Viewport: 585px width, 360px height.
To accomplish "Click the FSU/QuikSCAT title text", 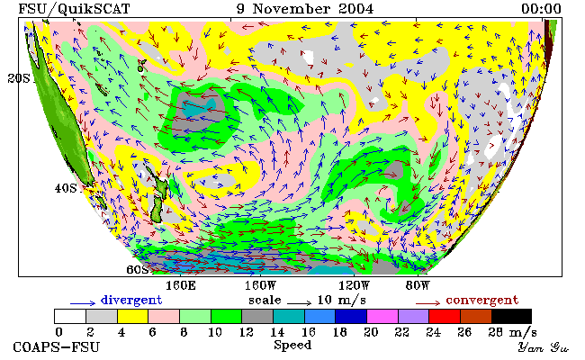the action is point(74,9).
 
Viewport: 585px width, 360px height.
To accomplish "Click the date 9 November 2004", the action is point(305,9).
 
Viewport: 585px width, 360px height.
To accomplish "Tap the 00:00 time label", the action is point(541,9).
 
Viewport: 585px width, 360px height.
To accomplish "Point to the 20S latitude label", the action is point(19,78).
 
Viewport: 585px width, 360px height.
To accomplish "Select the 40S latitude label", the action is point(66,188).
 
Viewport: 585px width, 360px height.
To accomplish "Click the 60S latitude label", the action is point(138,269).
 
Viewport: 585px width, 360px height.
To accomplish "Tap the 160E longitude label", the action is point(180,286).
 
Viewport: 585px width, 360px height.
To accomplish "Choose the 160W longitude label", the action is point(260,286).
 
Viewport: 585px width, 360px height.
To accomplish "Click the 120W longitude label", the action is point(354,286).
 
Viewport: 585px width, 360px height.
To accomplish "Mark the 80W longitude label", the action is point(418,286).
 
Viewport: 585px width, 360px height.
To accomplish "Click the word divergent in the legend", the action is point(131,301).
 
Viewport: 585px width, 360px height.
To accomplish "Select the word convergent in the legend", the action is point(482,301).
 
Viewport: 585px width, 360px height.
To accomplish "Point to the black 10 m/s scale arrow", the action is point(299,303).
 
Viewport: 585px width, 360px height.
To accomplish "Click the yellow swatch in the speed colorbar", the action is point(133,317).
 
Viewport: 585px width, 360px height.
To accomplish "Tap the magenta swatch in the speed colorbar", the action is point(382,317).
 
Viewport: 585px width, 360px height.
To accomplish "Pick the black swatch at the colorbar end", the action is point(511,317).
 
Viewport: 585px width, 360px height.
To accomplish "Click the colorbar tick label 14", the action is point(277,332).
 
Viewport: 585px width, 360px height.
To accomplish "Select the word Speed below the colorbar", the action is point(292,345).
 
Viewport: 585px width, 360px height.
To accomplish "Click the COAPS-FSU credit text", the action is point(57,347).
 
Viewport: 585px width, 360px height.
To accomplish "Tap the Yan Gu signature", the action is point(543,347).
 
